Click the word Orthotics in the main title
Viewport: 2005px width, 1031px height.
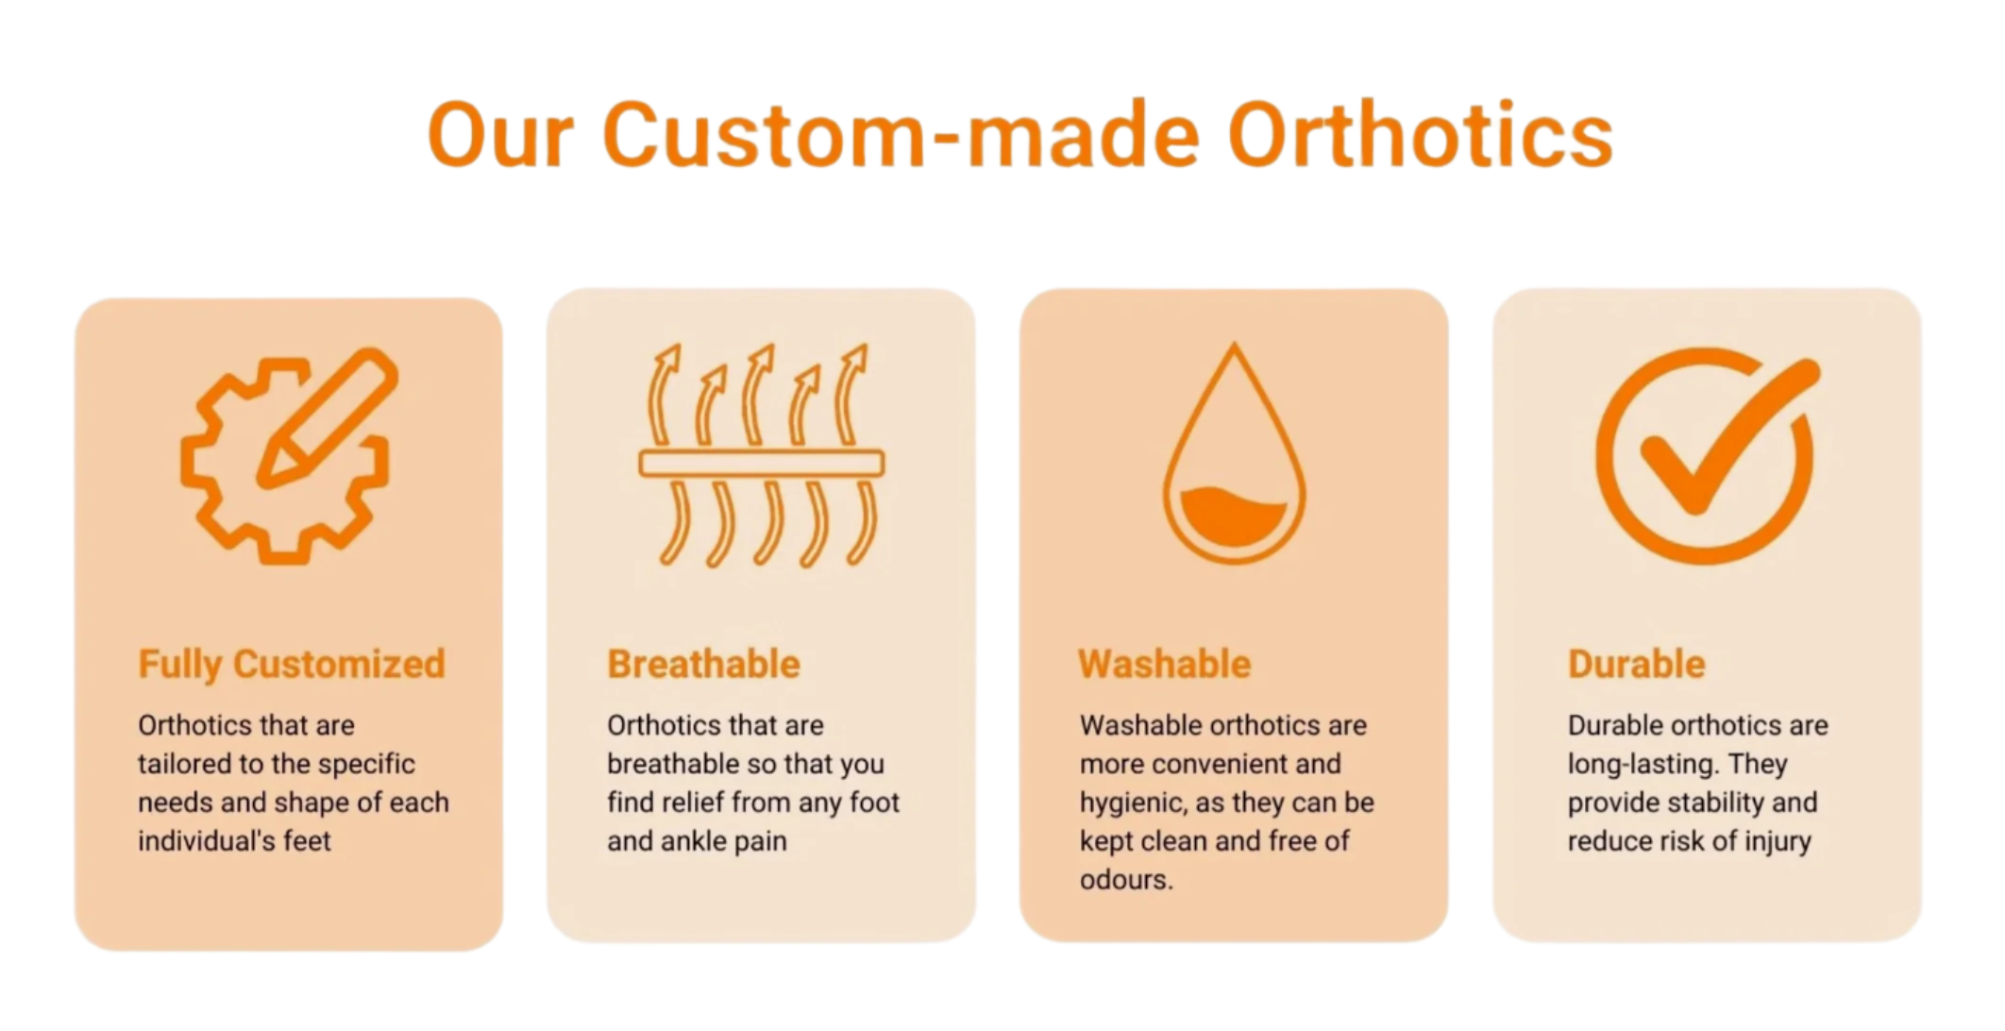click(x=1420, y=135)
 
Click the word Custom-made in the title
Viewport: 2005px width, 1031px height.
click(x=901, y=135)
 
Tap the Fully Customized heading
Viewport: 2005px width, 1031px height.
click(x=292, y=665)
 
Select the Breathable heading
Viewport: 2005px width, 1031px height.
click(x=703, y=664)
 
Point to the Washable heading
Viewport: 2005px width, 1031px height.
click(x=1165, y=664)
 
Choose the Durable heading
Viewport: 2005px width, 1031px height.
click(x=1637, y=664)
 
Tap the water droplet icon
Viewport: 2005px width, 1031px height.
click(x=1234, y=453)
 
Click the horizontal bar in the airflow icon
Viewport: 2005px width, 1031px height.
click(x=762, y=463)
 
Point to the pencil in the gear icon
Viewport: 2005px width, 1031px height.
click(x=327, y=417)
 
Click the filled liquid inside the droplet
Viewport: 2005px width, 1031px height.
click(x=1234, y=516)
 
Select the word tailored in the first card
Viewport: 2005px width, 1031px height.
click(x=182, y=764)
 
